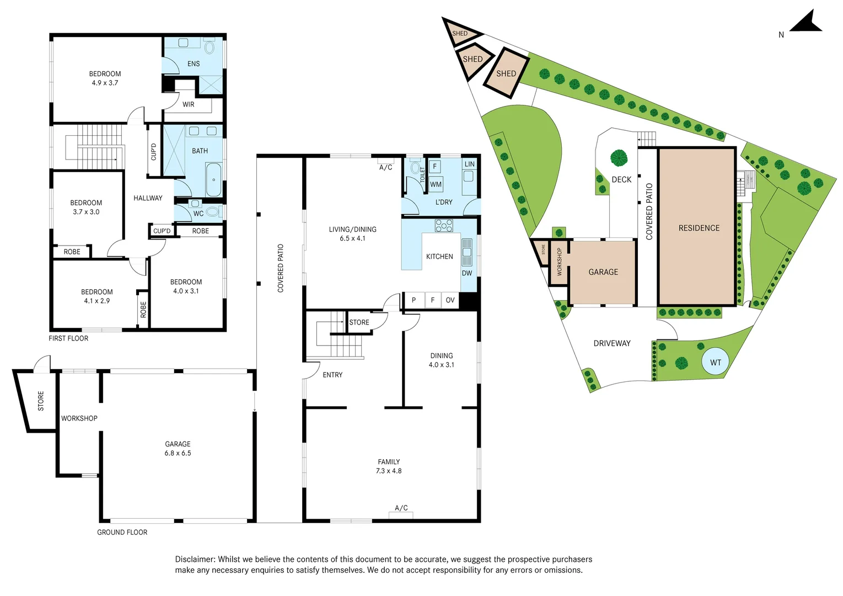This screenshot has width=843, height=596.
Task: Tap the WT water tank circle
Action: pyautogui.click(x=715, y=362)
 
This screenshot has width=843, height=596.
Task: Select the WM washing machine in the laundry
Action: pyautogui.click(x=436, y=184)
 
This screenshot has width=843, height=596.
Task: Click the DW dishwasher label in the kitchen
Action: pyautogui.click(x=466, y=273)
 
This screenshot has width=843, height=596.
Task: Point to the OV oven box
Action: pyautogui.click(x=450, y=300)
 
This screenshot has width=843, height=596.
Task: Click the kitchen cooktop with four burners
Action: pyautogui.click(x=444, y=225)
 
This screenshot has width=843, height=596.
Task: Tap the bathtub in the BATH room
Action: pyautogui.click(x=214, y=180)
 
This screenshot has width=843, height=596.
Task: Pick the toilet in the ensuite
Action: pyautogui.click(x=209, y=47)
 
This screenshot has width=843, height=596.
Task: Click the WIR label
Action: pyautogui.click(x=188, y=104)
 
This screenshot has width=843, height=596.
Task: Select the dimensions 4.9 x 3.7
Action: pyautogui.click(x=105, y=83)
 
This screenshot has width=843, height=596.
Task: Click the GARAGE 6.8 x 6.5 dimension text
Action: pyautogui.click(x=178, y=453)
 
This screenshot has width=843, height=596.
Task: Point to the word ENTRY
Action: pyautogui.click(x=332, y=375)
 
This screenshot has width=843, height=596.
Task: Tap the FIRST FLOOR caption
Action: pyautogui.click(x=68, y=338)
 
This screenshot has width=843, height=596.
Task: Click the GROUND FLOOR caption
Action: pyautogui.click(x=122, y=532)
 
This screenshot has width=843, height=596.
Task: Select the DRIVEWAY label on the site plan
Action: pyautogui.click(x=612, y=343)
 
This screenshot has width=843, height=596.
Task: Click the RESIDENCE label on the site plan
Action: pyautogui.click(x=699, y=228)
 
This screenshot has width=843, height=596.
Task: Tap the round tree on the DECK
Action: pyautogui.click(x=619, y=158)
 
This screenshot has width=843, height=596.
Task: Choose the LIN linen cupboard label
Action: pyautogui.click(x=470, y=164)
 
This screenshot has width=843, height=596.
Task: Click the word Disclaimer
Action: pyautogui.click(x=195, y=559)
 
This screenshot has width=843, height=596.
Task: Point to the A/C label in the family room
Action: pyautogui.click(x=401, y=508)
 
